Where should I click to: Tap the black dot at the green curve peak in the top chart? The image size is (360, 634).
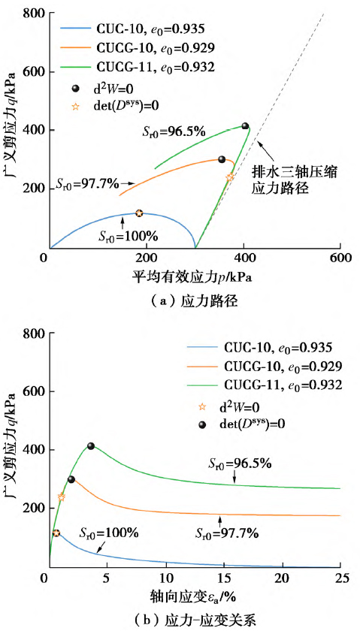pos(245,126)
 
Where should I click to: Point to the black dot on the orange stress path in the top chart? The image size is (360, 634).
pos(222,159)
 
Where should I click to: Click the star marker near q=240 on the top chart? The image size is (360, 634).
pos(230,177)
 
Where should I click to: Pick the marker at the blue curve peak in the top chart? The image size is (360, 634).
pos(139,213)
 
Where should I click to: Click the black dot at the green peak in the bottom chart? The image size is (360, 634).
pos(91,445)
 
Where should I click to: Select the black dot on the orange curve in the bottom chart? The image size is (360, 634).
pos(71,479)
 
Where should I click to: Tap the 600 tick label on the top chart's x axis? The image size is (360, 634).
pos(340,258)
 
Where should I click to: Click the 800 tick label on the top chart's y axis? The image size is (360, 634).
pos(33,14)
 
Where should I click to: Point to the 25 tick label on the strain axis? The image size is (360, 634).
pos(340,577)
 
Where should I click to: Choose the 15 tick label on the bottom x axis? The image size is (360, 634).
pos(223,577)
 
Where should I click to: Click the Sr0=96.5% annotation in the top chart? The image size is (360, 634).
pos(174,131)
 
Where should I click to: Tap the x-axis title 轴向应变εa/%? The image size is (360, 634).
pos(193,596)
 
